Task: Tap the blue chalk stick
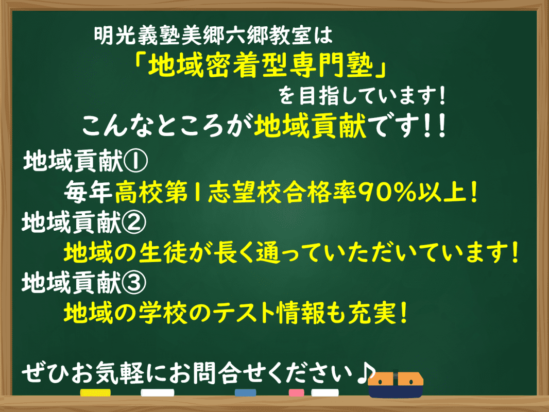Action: [x=245, y=392]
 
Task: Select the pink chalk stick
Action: [x=297, y=392]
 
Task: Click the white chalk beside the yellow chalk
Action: [x=158, y=392]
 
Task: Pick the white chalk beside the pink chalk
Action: [x=325, y=392]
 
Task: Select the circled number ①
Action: [x=136, y=163]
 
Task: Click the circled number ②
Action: [x=136, y=222]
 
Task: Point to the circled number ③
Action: [x=136, y=282]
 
